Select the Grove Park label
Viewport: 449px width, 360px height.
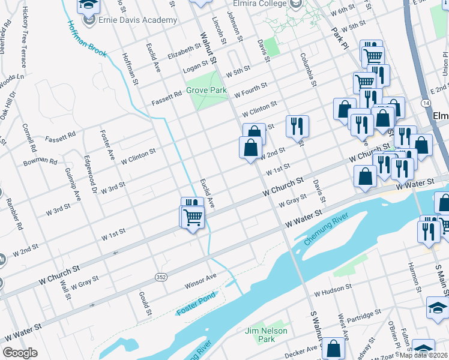(206, 90)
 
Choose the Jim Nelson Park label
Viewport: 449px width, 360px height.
(267, 335)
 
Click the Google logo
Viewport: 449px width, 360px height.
(20, 353)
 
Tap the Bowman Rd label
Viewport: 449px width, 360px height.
(40, 162)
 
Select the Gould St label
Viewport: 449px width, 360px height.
(144, 303)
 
